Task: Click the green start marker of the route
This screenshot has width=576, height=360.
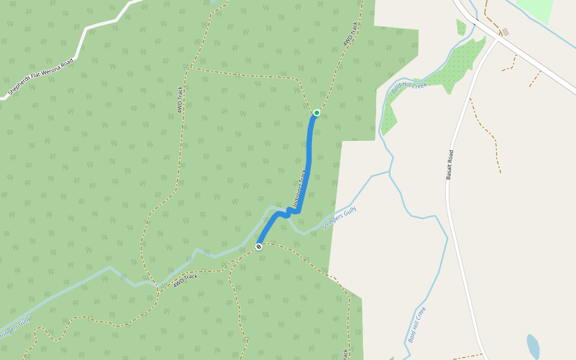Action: click(317, 112)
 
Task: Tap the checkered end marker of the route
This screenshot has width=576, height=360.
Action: click(259, 247)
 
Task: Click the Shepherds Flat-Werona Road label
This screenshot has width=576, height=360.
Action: click(40, 77)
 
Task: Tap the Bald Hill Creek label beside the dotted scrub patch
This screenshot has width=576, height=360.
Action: click(409, 87)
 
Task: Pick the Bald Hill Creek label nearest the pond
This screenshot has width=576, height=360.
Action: click(417, 325)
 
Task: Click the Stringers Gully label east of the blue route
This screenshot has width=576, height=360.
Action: click(340, 218)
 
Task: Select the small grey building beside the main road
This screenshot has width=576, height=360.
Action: click(505, 32)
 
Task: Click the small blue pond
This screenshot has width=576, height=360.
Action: click(533, 347)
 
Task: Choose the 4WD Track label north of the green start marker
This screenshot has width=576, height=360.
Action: click(350, 35)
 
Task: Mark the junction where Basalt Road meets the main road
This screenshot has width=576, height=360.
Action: click(497, 40)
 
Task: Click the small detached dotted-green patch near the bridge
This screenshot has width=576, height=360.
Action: click(461, 27)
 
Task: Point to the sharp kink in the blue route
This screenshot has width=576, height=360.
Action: click(289, 212)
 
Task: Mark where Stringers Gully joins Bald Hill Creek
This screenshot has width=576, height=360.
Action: click(390, 173)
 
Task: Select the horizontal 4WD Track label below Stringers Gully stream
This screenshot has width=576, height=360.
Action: click(185, 280)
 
